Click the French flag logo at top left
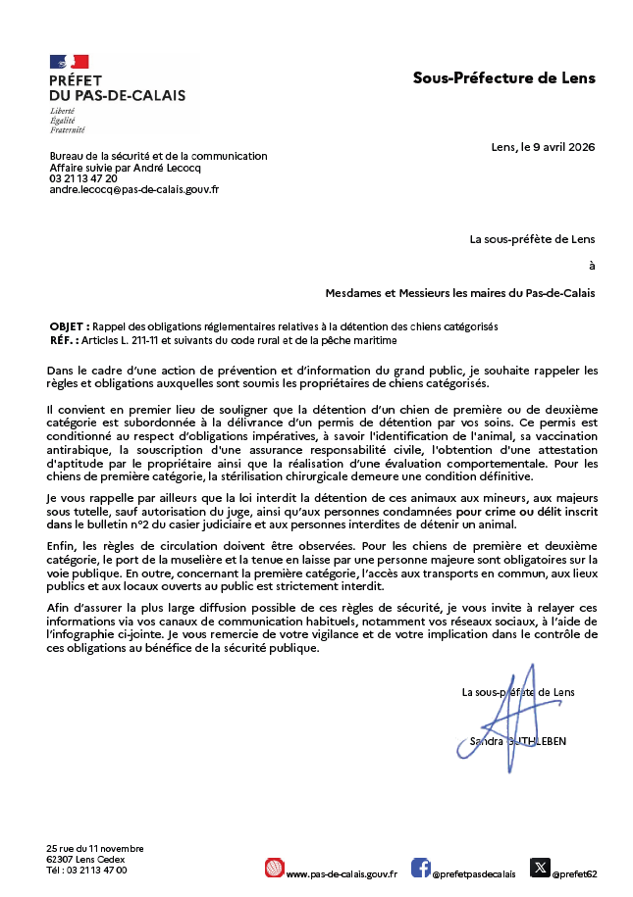[69, 61]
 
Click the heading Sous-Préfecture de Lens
[503, 77]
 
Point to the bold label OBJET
[68, 325]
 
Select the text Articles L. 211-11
[127, 339]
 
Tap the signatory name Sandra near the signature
[487, 741]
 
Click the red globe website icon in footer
[274, 868]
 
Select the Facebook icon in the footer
[420, 868]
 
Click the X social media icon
[540, 868]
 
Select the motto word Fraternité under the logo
[67, 129]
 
